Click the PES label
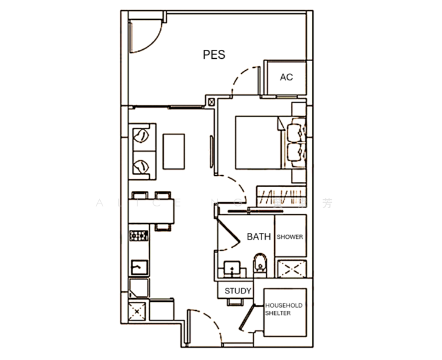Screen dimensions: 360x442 tap(214, 55)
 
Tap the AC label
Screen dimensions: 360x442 tap(287, 77)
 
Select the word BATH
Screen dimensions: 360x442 tap(258, 237)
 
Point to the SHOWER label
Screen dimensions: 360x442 tap(290, 237)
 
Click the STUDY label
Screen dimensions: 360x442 tap(237, 291)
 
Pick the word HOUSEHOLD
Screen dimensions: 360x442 tap(284, 305)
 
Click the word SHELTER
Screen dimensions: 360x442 tap(279, 313)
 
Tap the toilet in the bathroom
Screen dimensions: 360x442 tap(260, 264)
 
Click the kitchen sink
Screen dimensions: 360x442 tap(139, 266)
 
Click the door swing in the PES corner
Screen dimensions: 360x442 tap(146, 35)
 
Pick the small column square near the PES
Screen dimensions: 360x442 tap(211, 101)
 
